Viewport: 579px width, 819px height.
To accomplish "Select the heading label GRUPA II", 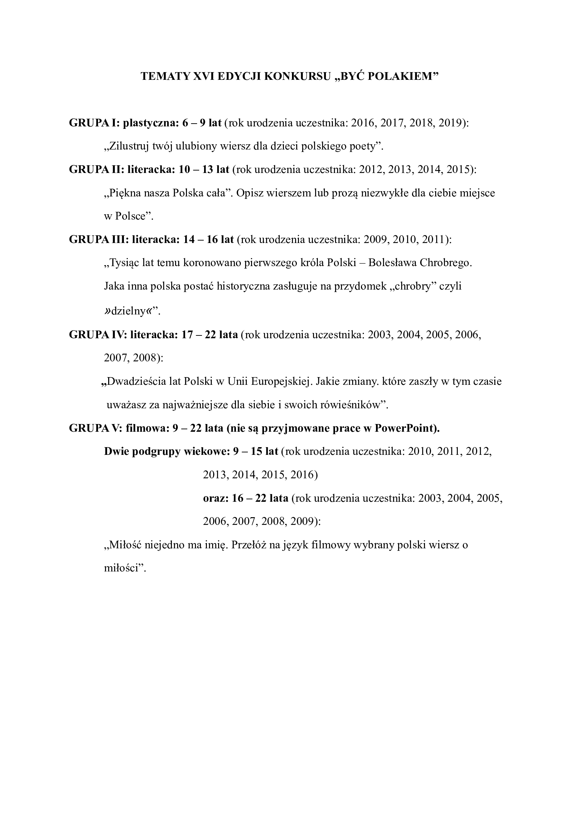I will [x=95, y=170].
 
